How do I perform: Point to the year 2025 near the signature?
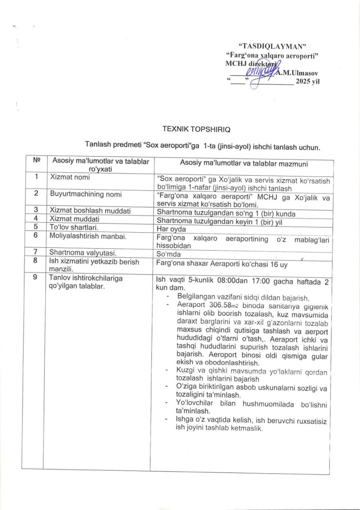(x=305, y=81)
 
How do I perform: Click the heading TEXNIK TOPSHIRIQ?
(x=196, y=129)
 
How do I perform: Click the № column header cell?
(x=36, y=161)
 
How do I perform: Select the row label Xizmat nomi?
(x=70, y=177)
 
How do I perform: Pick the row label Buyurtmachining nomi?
(x=86, y=194)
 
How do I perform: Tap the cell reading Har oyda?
(x=171, y=229)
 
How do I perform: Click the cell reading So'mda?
(x=168, y=254)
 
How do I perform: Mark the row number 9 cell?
(x=35, y=278)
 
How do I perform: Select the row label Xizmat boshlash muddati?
(x=90, y=211)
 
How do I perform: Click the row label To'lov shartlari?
(x=74, y=227)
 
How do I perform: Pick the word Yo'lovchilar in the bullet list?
(x=194, y=403)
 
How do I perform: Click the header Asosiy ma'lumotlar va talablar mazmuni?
(x=244, y=164)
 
